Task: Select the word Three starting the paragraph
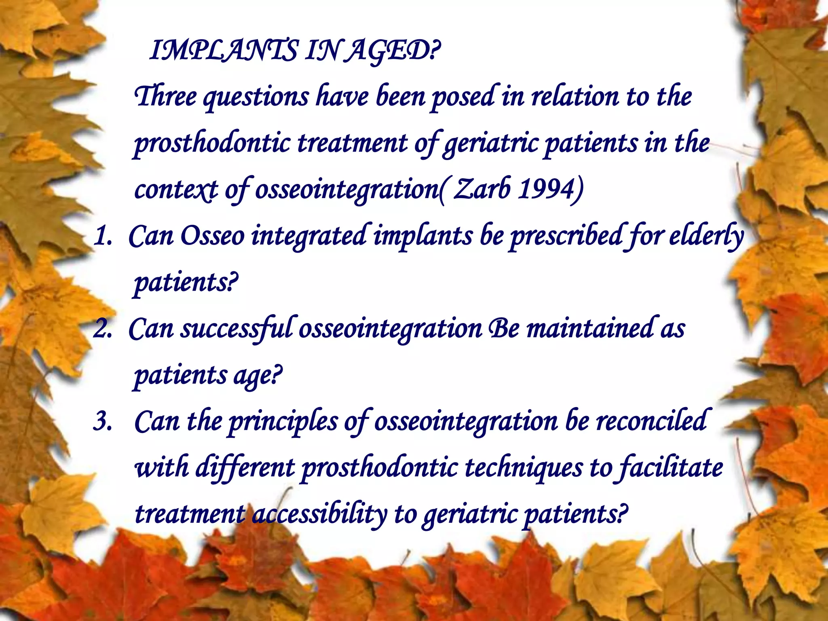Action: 165,97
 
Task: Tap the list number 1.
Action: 102,237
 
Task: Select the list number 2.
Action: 102,329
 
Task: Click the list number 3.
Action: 102,422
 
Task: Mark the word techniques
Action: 524,468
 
